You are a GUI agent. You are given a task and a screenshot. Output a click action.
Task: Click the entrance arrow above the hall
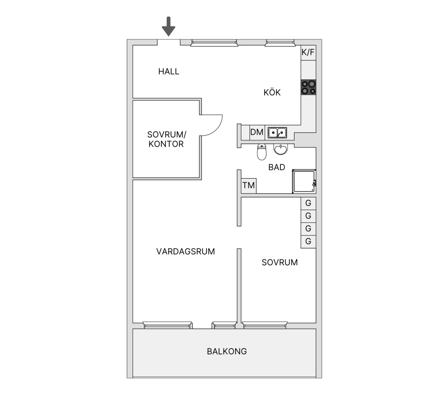point(169,27)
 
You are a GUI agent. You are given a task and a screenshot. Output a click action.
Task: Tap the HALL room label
point(169,71)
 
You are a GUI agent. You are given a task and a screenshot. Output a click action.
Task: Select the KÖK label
point(272,92)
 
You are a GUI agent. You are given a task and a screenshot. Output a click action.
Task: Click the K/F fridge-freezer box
point(308,53)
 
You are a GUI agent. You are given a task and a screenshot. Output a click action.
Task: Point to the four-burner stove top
point(309,88)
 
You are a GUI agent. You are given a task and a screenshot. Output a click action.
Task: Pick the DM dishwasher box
point(257,132)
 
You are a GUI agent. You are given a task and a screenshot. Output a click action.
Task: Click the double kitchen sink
point(277,133)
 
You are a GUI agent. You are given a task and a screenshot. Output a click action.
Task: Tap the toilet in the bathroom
point(262,152)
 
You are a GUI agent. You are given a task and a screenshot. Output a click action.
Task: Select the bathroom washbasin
point(281,149)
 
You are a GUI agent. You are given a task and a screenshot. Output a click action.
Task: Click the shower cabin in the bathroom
point(304,181)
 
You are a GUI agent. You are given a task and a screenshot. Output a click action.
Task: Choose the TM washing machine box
point(249,186)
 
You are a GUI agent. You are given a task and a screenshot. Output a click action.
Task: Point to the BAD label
point(277,167)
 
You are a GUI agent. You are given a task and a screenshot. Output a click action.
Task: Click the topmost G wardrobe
point(308,203)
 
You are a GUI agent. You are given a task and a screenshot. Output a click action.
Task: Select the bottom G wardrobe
point(308,241)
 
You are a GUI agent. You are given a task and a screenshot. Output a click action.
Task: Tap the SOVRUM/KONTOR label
point(166,139)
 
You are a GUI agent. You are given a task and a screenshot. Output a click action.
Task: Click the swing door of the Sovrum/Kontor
point(211,125)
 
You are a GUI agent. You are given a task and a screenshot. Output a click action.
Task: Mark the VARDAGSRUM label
point(186,251)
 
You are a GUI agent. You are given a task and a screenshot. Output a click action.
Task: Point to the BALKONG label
point(227,351)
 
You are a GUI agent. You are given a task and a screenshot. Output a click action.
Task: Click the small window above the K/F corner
point(280,43)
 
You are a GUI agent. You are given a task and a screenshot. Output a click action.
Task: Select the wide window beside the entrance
point(214,43)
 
